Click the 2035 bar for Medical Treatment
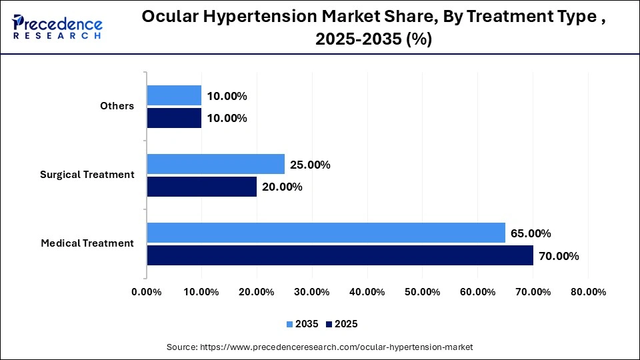click(326, 233)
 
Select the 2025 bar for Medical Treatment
click(340, 255)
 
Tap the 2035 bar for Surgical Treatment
click(215, 164)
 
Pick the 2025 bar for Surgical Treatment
click(202, 187)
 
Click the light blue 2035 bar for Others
click(174, 95)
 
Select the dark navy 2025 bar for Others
click(174, 118)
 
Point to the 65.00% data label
click(531, 233)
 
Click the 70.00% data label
click(559, 256)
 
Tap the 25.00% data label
click(310, 165)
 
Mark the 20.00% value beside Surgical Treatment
click(282, 187)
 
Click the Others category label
click(117, 106)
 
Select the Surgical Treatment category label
click(87, 175)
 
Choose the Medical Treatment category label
click(87, 243)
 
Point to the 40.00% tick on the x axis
click(367, 292)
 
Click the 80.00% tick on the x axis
click(587, 292)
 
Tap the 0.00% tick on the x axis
click(147, 292)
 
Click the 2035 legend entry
click(303, 324)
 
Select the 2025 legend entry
click(341, 324)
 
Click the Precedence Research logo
click(57, 27)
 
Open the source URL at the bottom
click(319, 347)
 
